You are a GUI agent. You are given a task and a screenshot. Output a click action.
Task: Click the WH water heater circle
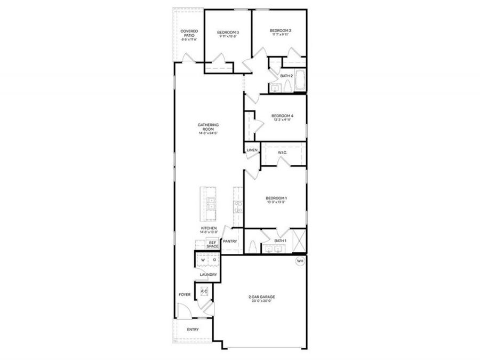300,261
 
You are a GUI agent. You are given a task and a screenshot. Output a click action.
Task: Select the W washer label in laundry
202,260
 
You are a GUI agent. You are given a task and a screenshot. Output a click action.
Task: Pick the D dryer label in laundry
214,260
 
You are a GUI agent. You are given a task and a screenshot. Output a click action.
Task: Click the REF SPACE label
213,244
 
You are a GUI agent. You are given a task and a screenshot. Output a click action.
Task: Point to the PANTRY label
230,241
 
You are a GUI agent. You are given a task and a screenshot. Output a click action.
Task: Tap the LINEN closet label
252,150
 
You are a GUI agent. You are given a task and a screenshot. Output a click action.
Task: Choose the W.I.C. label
283,153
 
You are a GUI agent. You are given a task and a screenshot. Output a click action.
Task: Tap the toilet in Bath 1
253,246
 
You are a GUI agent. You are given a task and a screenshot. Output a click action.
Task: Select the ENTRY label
193,330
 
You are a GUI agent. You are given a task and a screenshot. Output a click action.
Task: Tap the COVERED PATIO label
189,35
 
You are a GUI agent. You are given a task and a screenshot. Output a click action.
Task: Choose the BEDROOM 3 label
228,33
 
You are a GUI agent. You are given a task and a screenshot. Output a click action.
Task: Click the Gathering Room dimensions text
208,133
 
